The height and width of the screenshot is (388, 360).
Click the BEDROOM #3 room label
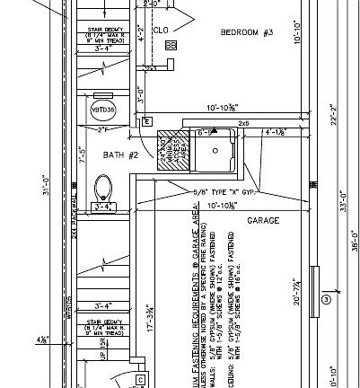click(x=246, y=33)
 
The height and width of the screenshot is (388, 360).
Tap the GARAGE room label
click(x=264, y=220)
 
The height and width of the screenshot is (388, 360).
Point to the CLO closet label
click(x=162, y=30)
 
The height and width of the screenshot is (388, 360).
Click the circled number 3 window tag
click(x=326, y=298)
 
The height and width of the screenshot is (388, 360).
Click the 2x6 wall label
click(x=242, y=123)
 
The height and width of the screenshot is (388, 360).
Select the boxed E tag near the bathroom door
click(x=146, y=121)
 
